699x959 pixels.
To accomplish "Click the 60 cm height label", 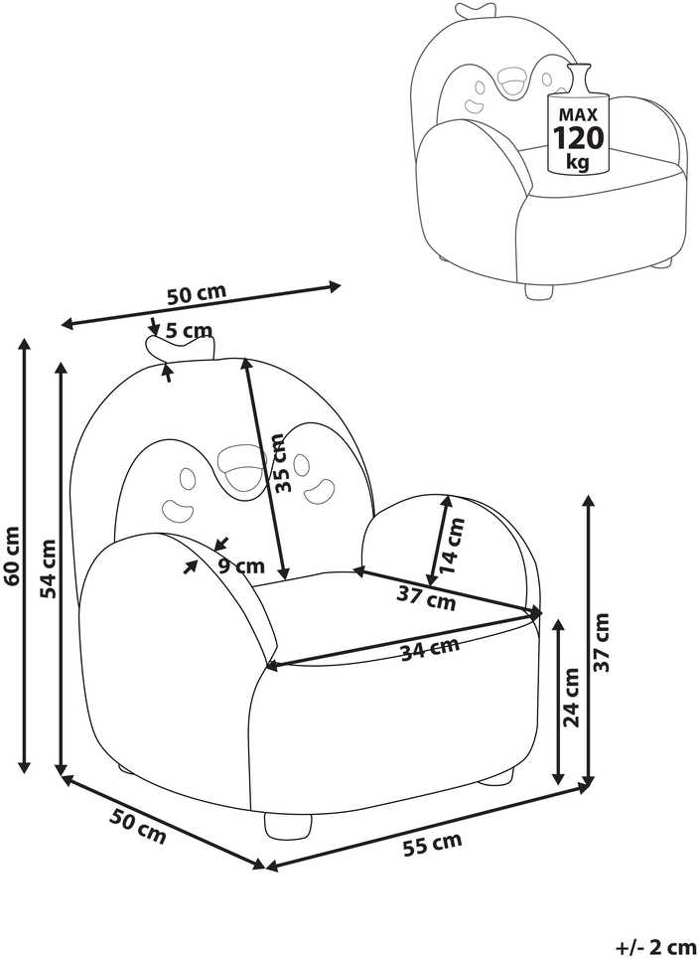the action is click(x=13, y=555).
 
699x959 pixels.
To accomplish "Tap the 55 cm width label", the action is click(x=432, y=844).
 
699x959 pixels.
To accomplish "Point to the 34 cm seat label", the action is click(x=430, y=649).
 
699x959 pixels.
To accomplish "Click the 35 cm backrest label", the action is click(x=280, y=463).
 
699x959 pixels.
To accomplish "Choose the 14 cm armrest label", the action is click(x=453, y=546).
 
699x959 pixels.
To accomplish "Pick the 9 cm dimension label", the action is click(x=242, y=565).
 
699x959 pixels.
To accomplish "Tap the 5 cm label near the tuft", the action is click(x=189, y=331).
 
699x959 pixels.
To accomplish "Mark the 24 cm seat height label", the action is click(x=571, y=697).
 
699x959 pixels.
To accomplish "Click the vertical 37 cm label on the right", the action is click(x=602, y=642).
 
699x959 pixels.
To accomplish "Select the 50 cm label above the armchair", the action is click(x=197, y=294).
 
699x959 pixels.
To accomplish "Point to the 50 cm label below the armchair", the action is click(x=138, y=826).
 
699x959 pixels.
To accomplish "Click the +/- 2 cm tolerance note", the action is click(x=655, y=948).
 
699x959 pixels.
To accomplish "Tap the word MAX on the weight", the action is click(x=578, y=114).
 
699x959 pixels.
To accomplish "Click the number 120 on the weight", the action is click(x=578, y=137).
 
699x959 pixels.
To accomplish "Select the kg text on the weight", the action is click(x=578, y=162).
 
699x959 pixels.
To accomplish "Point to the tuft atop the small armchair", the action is click(x=475, y=10).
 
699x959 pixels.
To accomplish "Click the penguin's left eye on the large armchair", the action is click(x=187, y=478).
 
